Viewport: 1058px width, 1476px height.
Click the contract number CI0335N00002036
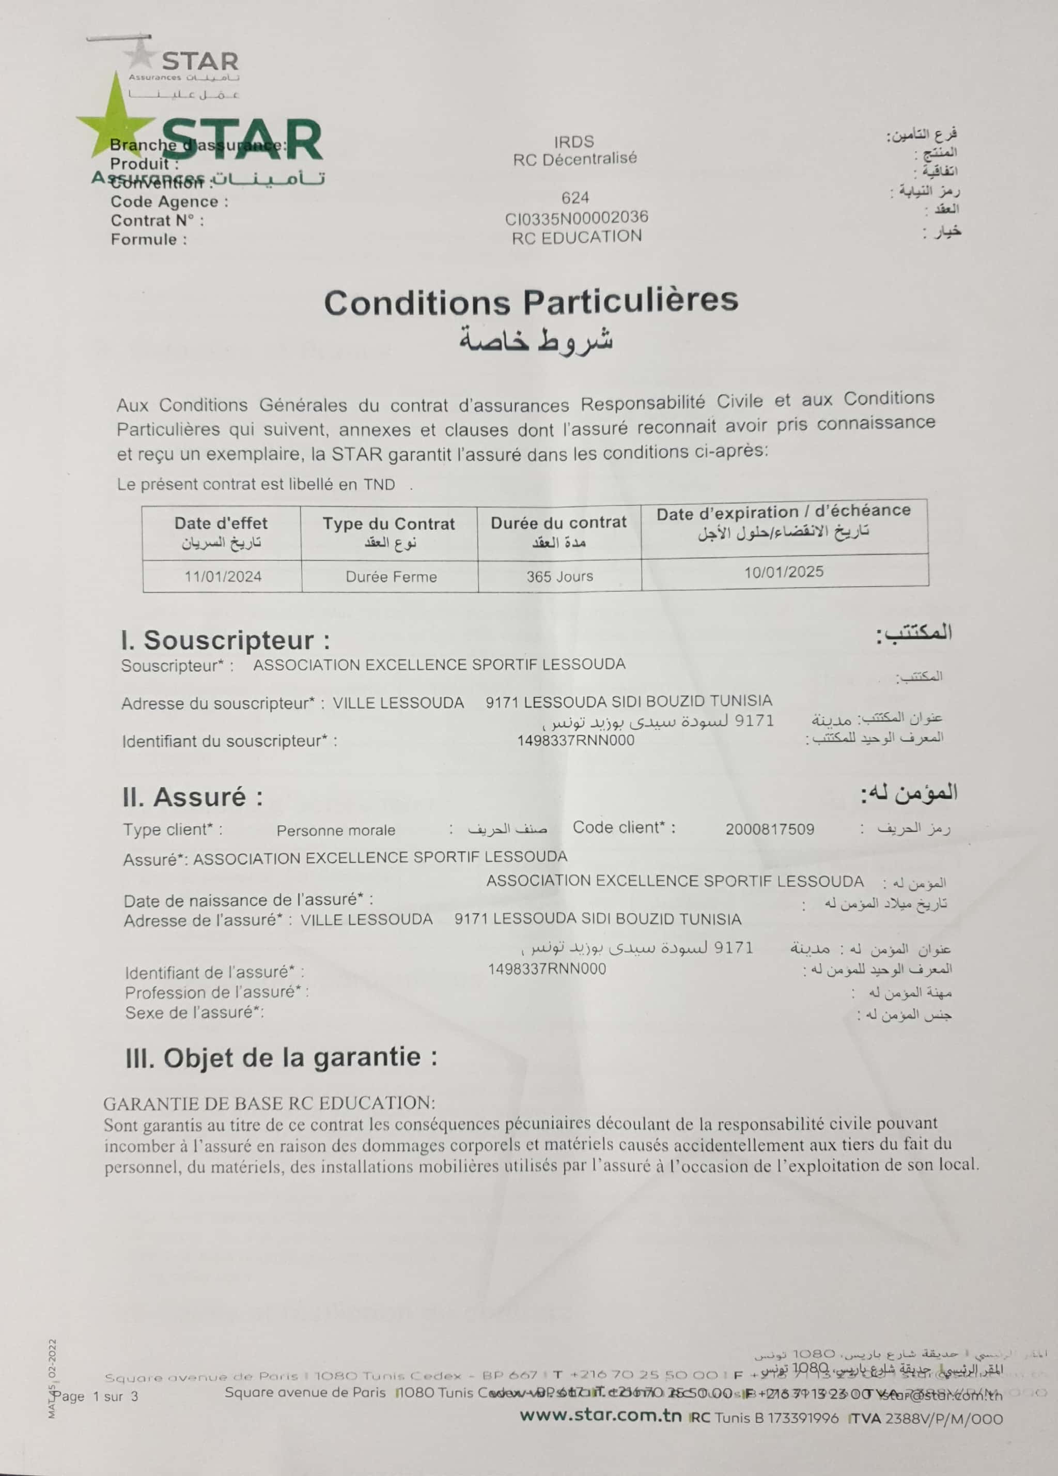click(577, 218)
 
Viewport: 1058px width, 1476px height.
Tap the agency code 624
click(575, 198)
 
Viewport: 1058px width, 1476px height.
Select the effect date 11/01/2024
click(223, 577)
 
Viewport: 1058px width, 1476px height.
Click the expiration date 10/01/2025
click(784, 572)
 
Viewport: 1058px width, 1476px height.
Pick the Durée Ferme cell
click(391, 577)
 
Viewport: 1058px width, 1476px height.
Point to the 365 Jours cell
click(559, 576)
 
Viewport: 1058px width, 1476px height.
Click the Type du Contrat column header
click(389, 525)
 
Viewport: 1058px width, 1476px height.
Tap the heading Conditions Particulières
click(531, 301)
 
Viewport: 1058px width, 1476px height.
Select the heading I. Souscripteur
click(225, 640)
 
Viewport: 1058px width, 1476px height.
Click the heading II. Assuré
click(193, 797)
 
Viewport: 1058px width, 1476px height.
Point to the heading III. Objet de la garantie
click(281, 1057)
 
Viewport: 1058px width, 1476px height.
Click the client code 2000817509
click(770, 829)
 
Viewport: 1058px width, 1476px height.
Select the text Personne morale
click(336, 831)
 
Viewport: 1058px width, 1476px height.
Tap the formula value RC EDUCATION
click(577, 237)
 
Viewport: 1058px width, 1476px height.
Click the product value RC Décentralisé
click(574, 158)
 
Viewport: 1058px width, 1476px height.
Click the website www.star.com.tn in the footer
click(601, 1416)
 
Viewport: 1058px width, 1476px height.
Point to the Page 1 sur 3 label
click(96, 1396)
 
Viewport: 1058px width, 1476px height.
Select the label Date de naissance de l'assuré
click(248, 901)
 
